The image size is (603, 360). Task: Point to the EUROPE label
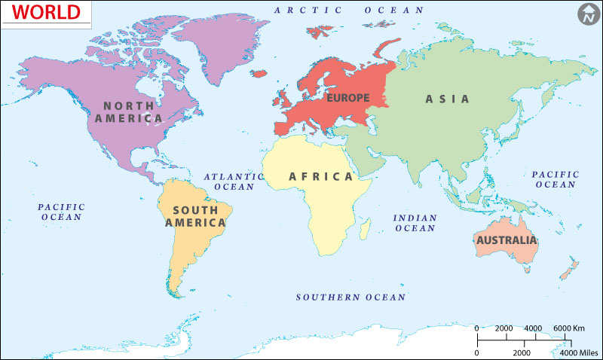(x=347, y=98)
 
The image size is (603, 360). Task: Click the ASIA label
(x=447, y=99)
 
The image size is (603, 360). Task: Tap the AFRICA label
(x=320, y=177)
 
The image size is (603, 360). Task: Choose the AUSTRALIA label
(x=506, y=240)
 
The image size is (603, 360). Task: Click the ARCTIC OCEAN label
(x=349, y=10)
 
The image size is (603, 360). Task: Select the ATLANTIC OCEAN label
(x=234, y=182)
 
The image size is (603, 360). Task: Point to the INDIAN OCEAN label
(x=415, y=223)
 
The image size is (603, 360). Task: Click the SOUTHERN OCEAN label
(x=350, y=297)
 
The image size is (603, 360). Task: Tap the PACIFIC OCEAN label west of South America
(x=61, y=212)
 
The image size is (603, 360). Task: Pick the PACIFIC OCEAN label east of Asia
(x=555, y=179)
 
